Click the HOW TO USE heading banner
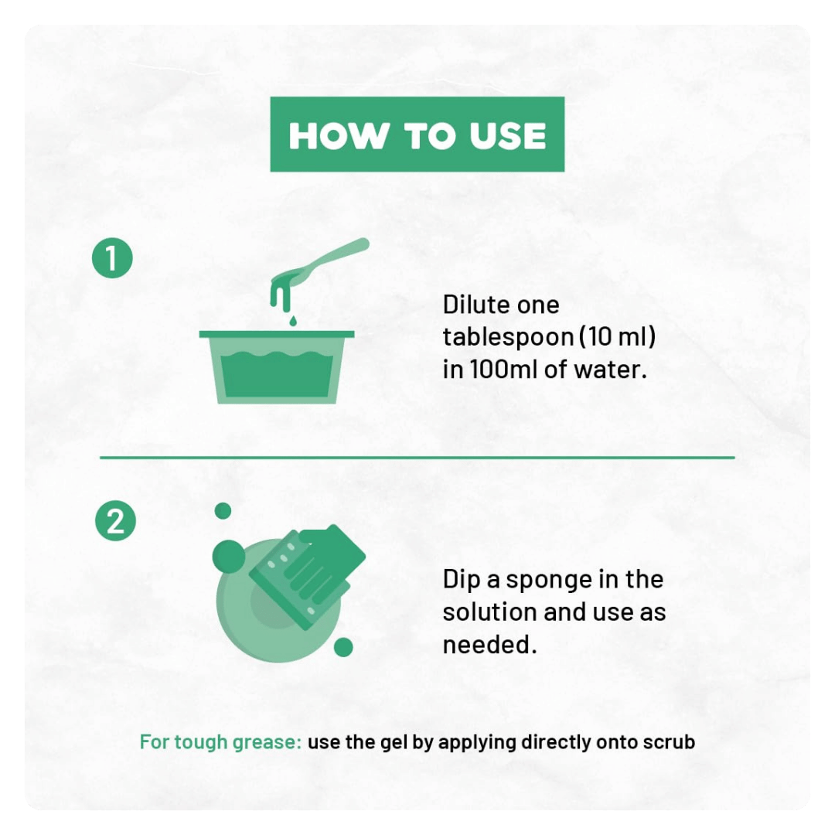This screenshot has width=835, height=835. (x=417, y=135)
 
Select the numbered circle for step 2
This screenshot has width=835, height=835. (x=115, y=520)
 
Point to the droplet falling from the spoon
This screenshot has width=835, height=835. (x=292, y=321)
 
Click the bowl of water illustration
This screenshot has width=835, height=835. (x=277, y=367)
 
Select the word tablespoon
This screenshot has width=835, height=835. (x=508, y=338)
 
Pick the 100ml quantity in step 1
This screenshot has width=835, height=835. (x=503, y=370)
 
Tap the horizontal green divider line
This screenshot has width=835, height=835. (x=417, y=457)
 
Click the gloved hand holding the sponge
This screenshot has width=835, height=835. (x=314, y=570)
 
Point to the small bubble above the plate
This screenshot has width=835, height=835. (x=223, y=511)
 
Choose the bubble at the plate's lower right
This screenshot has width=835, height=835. (x=343, y=647)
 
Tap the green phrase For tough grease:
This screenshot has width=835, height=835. (x=221, y=742)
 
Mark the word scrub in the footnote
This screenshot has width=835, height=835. (x=669, y=742)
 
